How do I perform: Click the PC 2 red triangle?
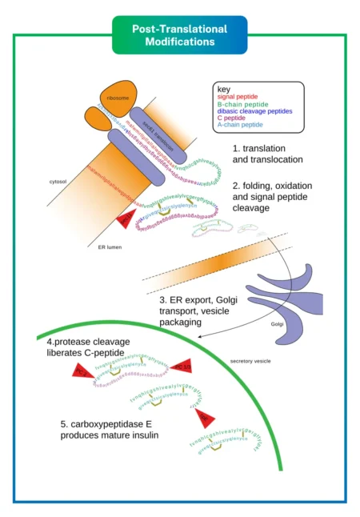pos(82,375)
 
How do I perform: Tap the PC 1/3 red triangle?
pos(180,367)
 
